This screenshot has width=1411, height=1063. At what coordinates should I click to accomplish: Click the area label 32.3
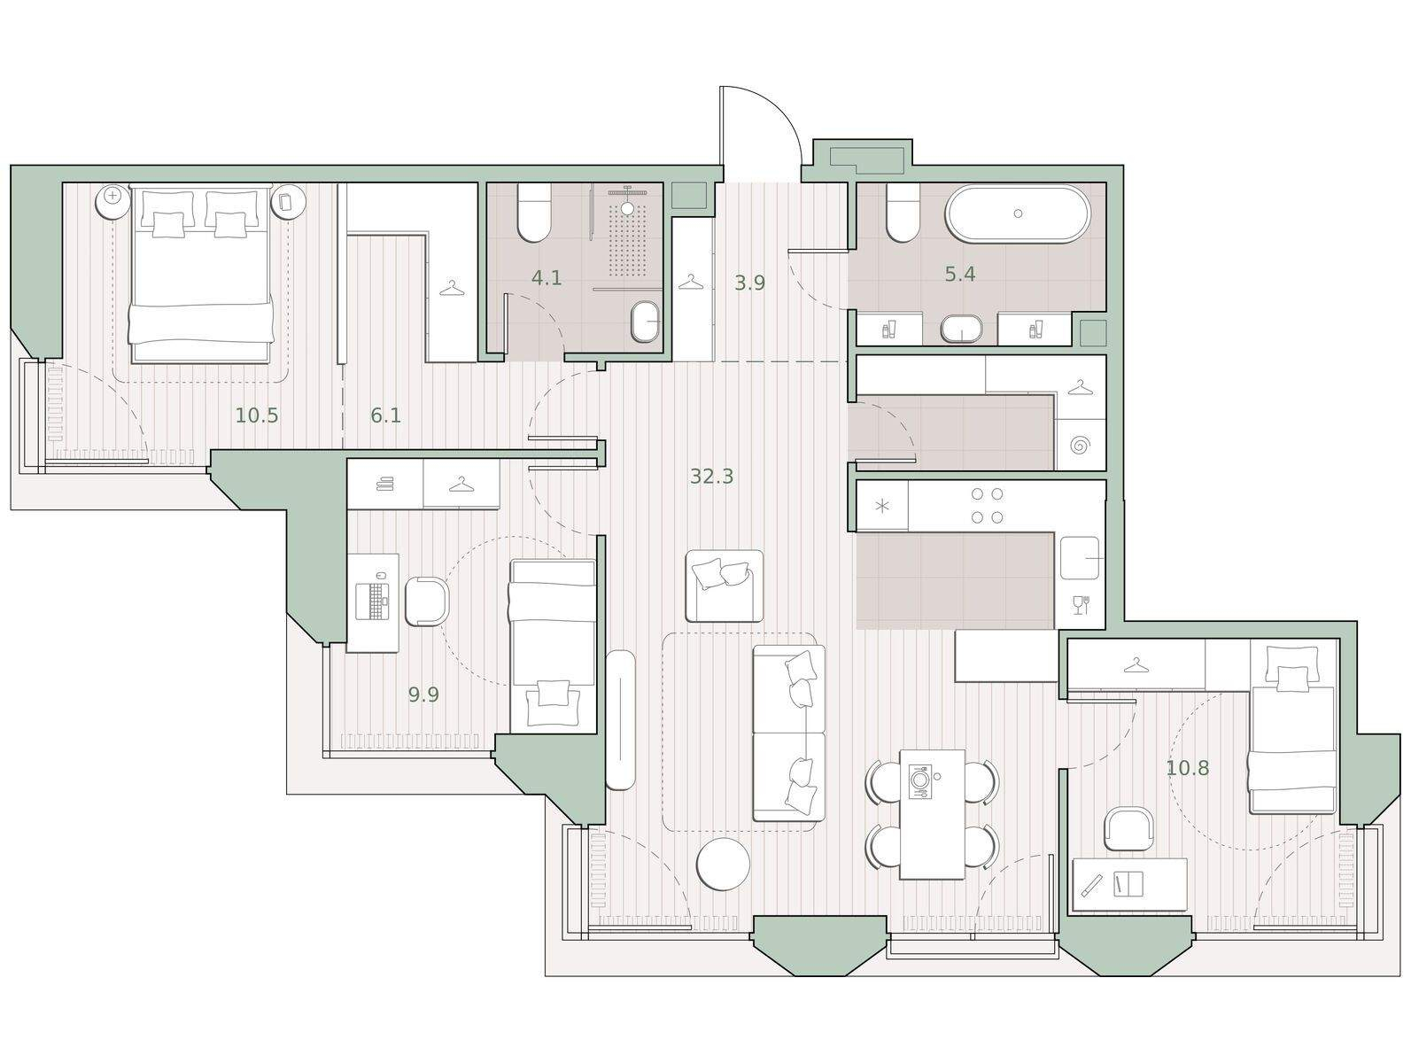click(711, 477)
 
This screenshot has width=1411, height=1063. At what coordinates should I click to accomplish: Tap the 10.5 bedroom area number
click(257, 415)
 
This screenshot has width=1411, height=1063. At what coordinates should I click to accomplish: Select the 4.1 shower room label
click(547, 277)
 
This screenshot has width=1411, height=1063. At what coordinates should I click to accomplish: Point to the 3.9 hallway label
click(749, 283)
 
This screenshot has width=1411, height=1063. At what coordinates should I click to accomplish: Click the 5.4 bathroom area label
click(960, 275)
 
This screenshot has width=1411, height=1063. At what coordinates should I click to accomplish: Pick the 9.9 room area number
click(423, 694)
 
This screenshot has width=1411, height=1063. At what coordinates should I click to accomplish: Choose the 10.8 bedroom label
click(1187, 767)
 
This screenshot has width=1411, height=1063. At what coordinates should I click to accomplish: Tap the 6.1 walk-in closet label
click(385, 415)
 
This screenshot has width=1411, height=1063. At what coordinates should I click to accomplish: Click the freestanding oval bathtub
click(1017, 214)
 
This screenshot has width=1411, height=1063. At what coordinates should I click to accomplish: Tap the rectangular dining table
click(932, 814)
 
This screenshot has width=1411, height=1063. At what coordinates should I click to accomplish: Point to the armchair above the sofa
click(725, 586)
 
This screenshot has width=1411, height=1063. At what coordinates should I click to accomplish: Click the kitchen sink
click(1080, 557)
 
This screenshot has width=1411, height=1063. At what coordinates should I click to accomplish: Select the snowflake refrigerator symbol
click(882, 506)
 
